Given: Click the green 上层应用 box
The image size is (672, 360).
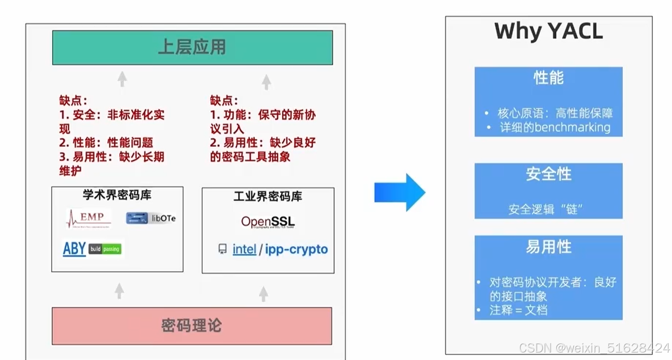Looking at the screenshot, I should coord(192,47).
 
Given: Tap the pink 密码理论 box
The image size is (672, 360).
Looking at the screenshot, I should coord(192,326).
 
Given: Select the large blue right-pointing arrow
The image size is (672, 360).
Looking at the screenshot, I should coord(399,192).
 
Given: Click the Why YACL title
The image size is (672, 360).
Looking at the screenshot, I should coord(548,32).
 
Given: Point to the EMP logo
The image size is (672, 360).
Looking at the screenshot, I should coord(89,218).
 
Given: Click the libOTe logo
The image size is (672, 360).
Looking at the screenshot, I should coord(151,218).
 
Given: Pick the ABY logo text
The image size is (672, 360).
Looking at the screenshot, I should coord(74,249).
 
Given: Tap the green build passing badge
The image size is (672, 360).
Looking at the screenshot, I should coord(105,249).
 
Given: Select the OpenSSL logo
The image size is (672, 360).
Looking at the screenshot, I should coord(268,222).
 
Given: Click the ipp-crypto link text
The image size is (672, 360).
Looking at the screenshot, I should coord(296,250).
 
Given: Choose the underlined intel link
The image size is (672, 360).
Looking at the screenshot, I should coord(244,250).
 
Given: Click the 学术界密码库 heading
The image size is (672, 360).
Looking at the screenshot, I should coord(117,195).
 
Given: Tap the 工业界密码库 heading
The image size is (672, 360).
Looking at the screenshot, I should coord(268,197).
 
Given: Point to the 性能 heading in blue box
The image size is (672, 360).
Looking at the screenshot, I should coord(548,78).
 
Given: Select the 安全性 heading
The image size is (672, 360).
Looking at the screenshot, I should coord(548,174).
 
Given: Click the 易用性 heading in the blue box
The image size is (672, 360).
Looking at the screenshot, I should coord(548,247).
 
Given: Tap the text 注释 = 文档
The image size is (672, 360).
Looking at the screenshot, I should coord(518,310).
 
